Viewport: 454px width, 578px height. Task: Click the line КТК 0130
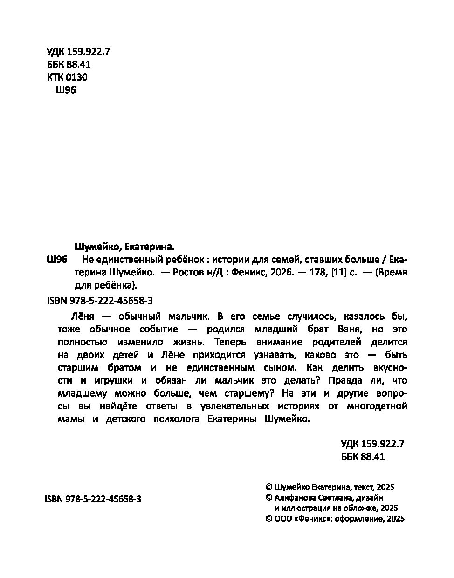click(x=67, y=77)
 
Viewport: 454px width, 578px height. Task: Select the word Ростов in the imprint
click(x=188, y=273)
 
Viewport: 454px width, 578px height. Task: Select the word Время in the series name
click(x=392, y=273)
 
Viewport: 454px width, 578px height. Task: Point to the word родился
click(x=225, y=330)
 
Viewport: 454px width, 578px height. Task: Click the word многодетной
click(x=377, y=406)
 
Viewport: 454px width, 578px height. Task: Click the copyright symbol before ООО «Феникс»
click(x=268, y=518)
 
